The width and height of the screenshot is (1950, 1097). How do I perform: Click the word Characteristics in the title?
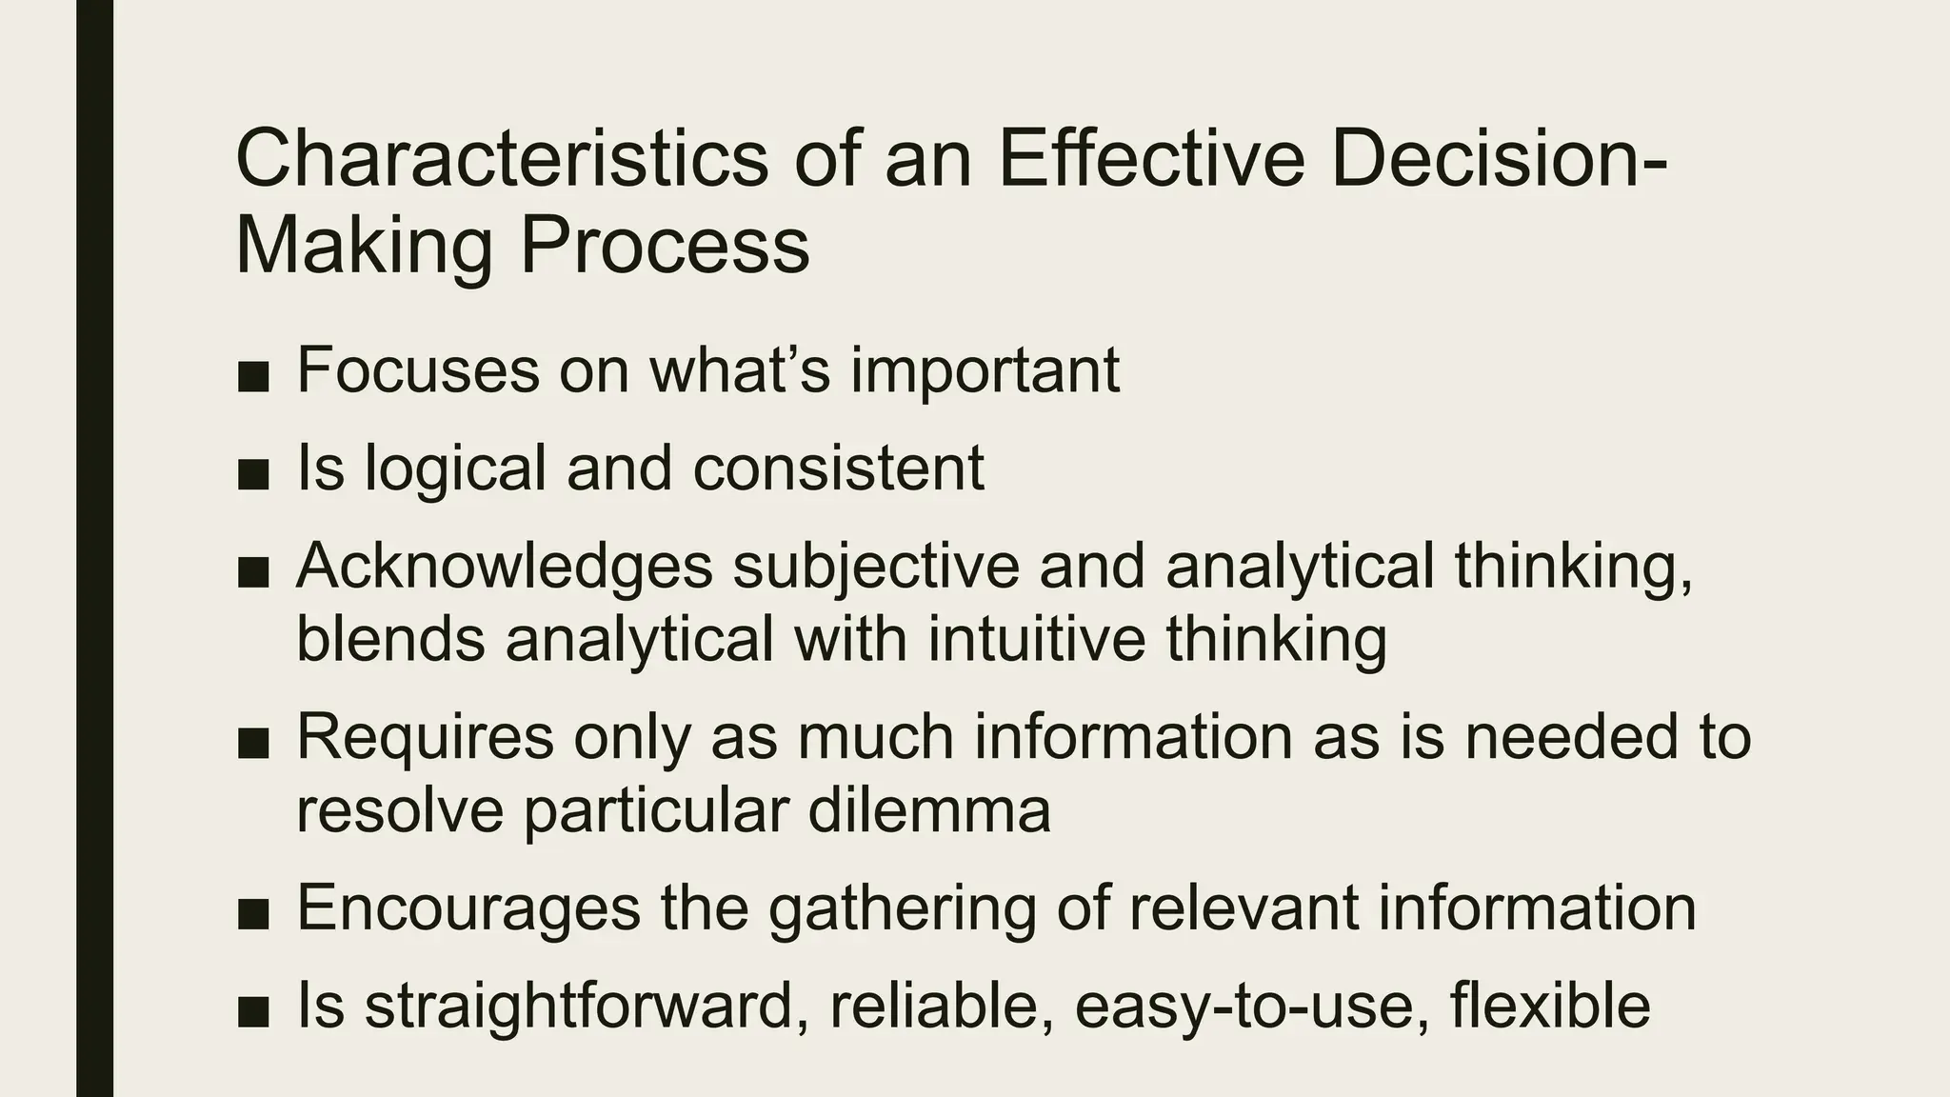tap(501, 159)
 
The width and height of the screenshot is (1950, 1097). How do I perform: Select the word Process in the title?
tap(664, 246)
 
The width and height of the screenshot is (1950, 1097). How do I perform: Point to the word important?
tap(985, 371)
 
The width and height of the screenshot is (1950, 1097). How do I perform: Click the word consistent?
tap(838, 469)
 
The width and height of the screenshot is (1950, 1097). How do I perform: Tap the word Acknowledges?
tap(504, 567)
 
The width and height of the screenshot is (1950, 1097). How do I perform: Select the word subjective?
tap(876, 567)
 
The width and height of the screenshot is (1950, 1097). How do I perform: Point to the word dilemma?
tap(929, 810)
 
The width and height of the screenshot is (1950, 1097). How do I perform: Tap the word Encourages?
tap(468, 909)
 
